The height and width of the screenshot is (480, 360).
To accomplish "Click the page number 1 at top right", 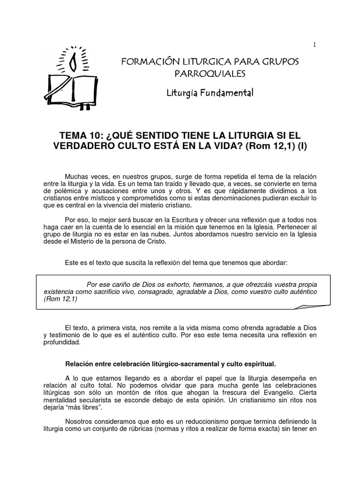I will (x=315, y=45).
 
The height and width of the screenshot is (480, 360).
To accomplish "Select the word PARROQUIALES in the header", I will (x=210, y=74).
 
